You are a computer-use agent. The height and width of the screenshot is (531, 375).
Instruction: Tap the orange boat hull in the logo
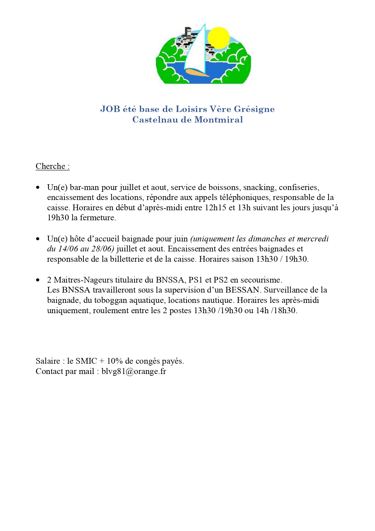point(196,73)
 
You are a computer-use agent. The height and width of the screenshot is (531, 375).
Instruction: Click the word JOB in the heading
point(110,109)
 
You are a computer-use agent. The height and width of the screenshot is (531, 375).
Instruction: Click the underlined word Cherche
point(50,166)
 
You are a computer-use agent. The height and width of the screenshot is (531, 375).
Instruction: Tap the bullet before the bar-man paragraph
point(38,188)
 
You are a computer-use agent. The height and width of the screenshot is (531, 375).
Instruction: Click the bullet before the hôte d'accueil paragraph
point(38,239)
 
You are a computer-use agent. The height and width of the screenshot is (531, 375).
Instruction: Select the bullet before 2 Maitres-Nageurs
point(38,280)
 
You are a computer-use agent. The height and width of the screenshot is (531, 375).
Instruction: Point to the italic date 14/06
point(68,249)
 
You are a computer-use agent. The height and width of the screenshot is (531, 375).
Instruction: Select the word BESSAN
point(242,290)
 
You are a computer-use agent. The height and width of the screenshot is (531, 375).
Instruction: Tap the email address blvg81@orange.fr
point(134,371)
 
